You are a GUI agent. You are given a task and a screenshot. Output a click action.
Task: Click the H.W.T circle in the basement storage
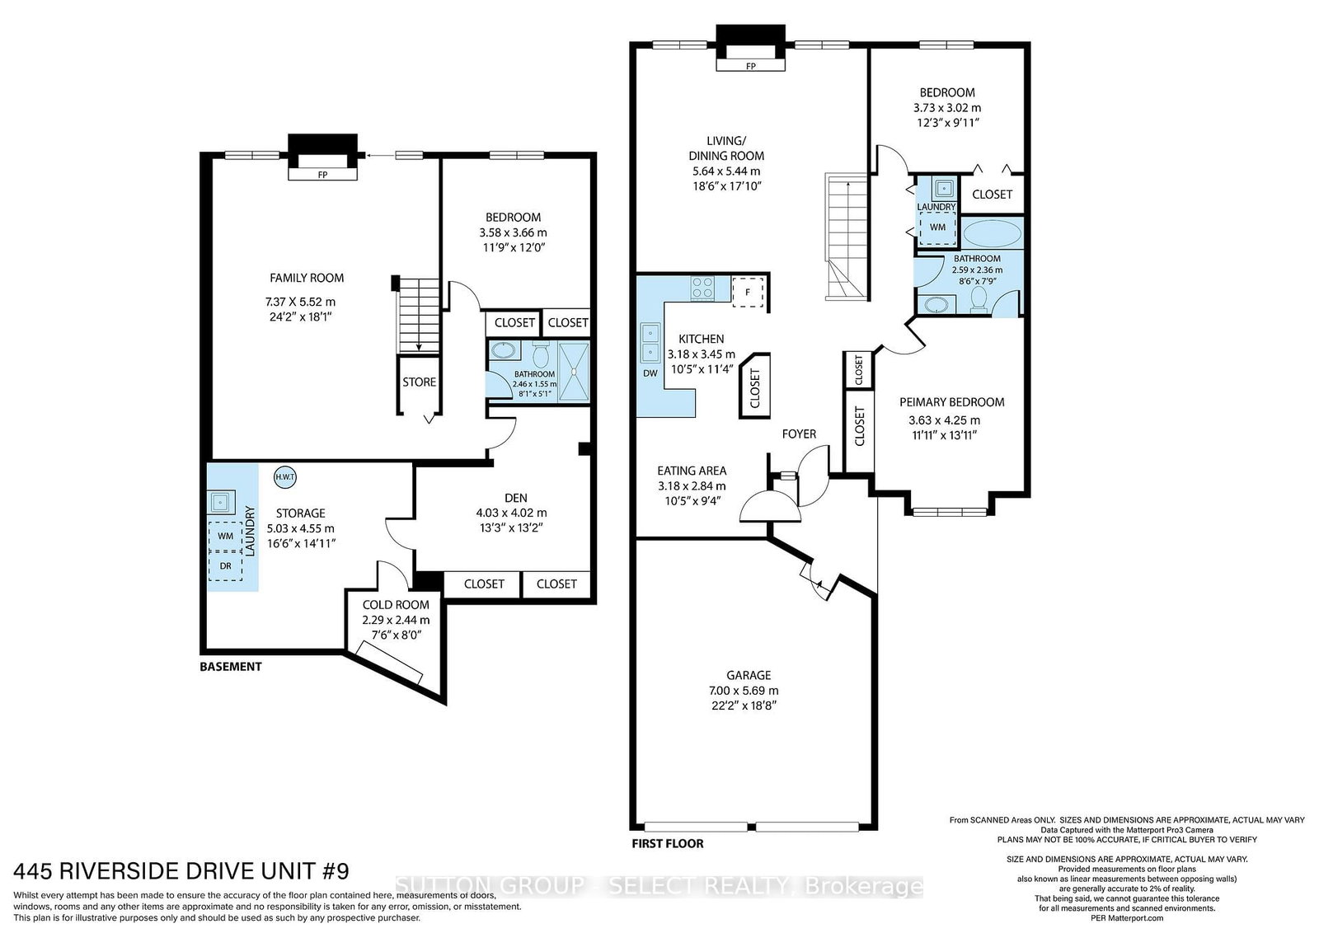coord(285,476)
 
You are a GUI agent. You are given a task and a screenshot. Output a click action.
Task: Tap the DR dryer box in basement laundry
coord(226,565)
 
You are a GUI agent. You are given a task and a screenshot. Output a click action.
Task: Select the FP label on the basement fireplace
coord(322,175)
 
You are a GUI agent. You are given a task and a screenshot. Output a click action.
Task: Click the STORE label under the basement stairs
coord(420,382)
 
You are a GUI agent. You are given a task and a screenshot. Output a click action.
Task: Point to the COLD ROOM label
coord(396,604)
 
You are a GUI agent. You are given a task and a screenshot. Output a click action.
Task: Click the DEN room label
coord(516,497)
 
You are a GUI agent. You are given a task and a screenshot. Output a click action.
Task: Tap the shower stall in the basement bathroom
coord(574,372)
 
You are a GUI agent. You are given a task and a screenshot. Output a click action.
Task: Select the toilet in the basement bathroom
coord(541,354)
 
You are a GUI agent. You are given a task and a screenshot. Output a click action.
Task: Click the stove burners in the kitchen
coord(702,288)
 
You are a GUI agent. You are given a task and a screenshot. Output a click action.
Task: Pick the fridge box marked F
coord(748,292)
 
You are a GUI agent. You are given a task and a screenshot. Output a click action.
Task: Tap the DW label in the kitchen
coord(650,373)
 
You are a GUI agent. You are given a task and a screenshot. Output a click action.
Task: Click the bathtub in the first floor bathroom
coord(993,233)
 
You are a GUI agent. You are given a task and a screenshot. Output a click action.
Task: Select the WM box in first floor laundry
coord(937,227)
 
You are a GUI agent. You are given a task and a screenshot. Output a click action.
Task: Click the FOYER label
coord(799,434)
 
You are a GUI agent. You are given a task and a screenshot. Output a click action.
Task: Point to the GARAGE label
coord(749,675)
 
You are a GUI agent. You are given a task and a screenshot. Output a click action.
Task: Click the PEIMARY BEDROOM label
coord(952,402)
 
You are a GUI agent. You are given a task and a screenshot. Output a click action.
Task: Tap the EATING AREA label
coord(692,471)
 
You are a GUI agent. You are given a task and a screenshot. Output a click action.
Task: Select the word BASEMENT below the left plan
coord(231,666)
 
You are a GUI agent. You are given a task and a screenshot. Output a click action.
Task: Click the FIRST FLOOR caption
coord(668,843)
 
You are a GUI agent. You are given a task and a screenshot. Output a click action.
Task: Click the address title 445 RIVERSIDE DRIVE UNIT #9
coord(181,870)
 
